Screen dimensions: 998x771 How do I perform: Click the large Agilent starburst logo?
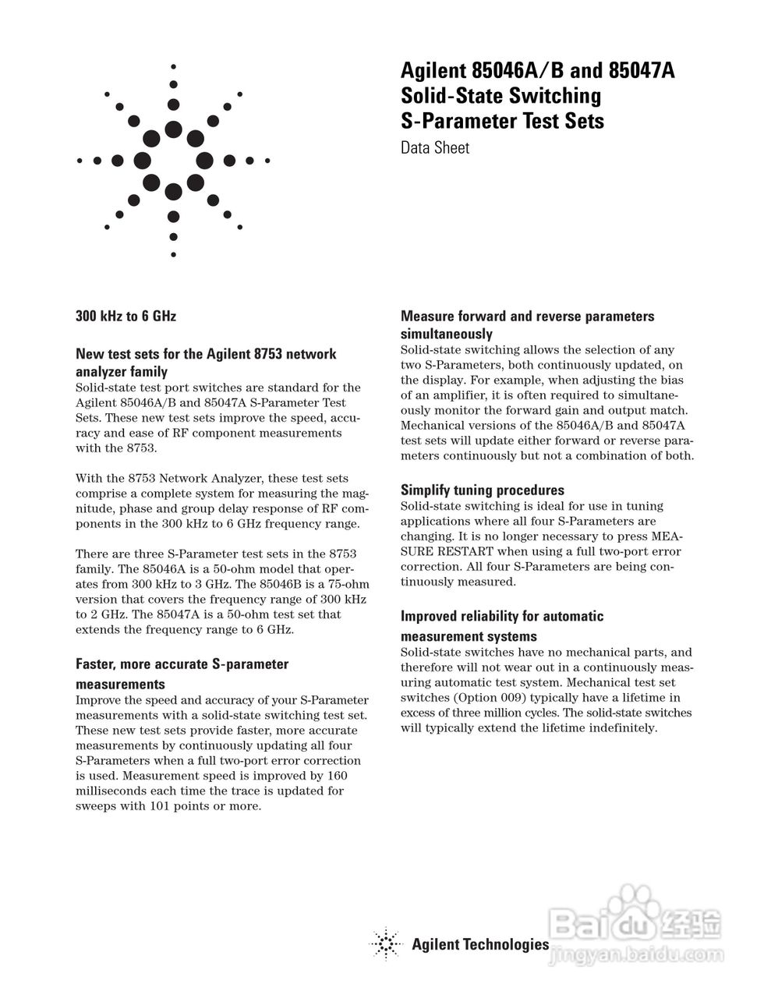point(173,161)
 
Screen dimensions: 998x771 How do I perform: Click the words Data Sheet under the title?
point(435,147)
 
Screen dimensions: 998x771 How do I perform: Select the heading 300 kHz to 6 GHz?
point(126,316)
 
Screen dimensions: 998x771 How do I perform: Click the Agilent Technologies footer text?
point(480,945)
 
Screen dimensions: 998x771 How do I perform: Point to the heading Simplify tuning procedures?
point(482,490)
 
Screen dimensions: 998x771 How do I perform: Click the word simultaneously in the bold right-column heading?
point(446,334)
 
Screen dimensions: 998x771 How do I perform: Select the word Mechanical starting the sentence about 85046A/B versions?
point(433,426)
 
